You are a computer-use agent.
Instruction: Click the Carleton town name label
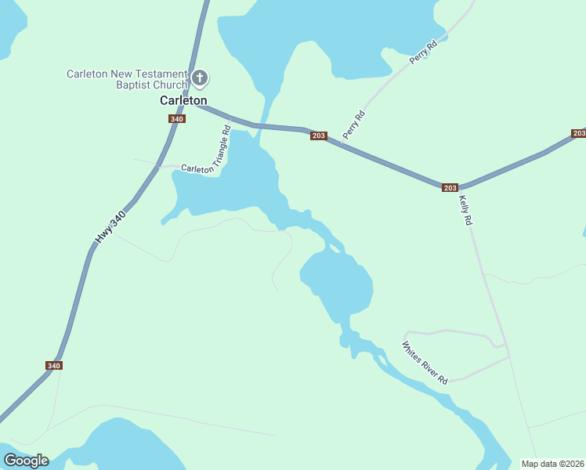click(183, 100)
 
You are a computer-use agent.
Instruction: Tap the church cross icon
click(200, 78)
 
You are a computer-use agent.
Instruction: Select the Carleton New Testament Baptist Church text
click(127, 79)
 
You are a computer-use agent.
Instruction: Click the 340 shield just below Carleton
click(176, 119)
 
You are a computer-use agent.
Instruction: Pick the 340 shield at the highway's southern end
click(53, 365)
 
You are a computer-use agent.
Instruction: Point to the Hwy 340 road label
click(110, 226)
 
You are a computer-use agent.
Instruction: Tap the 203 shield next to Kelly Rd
click(449, 187)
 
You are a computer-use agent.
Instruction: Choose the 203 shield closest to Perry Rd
click(317, 136)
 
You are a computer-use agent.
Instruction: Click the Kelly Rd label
click(465, 210)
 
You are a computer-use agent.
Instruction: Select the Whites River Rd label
click(425, 362)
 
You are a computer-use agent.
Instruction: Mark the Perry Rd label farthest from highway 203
click(422, 54)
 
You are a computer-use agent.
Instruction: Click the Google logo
click(26, 461)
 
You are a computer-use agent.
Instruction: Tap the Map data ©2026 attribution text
click(552, 464)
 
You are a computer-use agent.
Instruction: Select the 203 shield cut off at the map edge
click(579, 133)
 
